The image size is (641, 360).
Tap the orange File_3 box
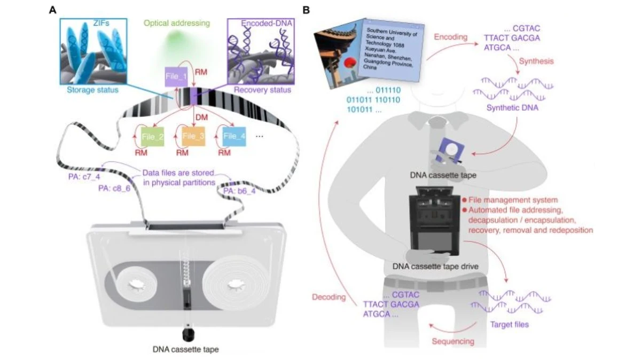coord(193,136)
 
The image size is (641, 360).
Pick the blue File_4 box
coord(234,136)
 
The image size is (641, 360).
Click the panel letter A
coord(52,10)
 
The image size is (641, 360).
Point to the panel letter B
coord(306,10)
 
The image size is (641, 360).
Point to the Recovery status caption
coord(266,90)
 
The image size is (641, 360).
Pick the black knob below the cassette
coord(186,335)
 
